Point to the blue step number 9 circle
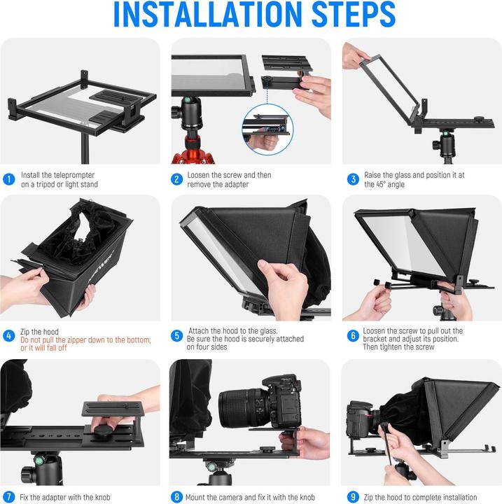click(x=352, y=498)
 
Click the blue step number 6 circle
click(x=352, y=335)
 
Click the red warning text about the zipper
click(x=85, y=344)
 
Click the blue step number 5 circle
click(x=178, y=335)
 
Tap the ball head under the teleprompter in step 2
click(x=190, y=109)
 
